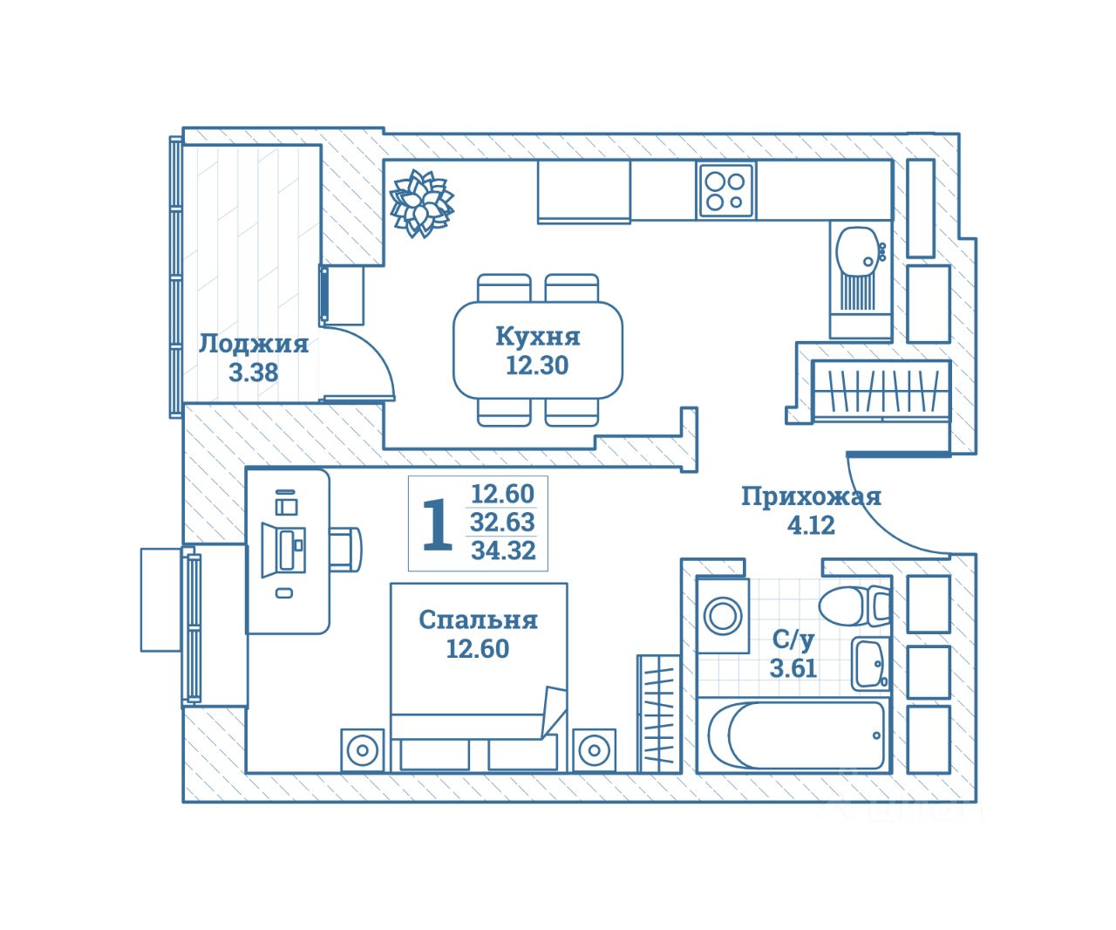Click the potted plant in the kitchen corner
click(422, 204)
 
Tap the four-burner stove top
click(725, 191)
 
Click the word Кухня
click(538, 337)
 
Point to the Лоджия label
click(254, 344)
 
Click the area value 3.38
click(254, 373)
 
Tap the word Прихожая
click(811, 496)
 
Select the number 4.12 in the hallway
click(811, 525)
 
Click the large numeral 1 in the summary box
click(437, 524)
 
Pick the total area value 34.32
click(503, 550)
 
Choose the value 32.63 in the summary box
click(502, 522)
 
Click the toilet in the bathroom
click(854, 606)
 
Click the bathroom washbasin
click(871, 664)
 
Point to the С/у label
click(793, 639)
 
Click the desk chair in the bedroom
click(345, 550)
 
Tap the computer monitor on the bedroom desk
click(283, 550)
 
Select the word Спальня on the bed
click(478, 619)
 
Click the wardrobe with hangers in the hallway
click(881, 392)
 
